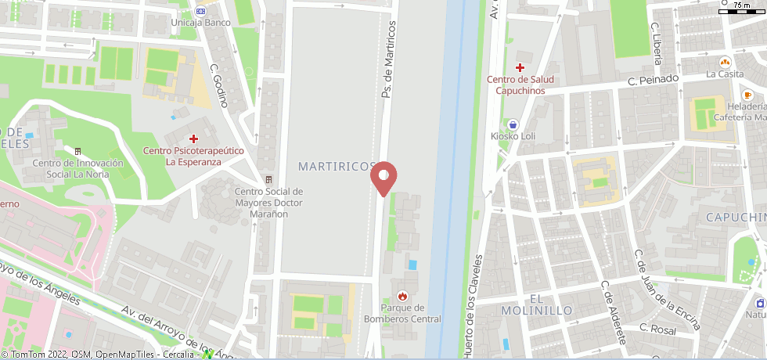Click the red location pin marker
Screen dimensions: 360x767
(x=383, y=177)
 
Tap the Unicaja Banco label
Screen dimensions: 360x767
(x=201, y=23)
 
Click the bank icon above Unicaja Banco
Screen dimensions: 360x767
(x=201, y=10)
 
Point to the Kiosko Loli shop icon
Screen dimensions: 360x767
(x=513, y=124)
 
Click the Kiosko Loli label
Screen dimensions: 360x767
(x=513, y=136)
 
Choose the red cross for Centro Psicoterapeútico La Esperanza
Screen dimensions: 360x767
(x=193, y=138)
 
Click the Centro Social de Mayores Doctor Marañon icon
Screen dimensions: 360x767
(x=268, y=180)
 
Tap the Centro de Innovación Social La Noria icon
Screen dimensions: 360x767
(x=77, y=151)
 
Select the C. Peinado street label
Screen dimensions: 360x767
(x=649, y=80)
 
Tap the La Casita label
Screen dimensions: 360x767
(x=724, y=74)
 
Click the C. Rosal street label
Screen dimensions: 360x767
(x=657, y=329)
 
